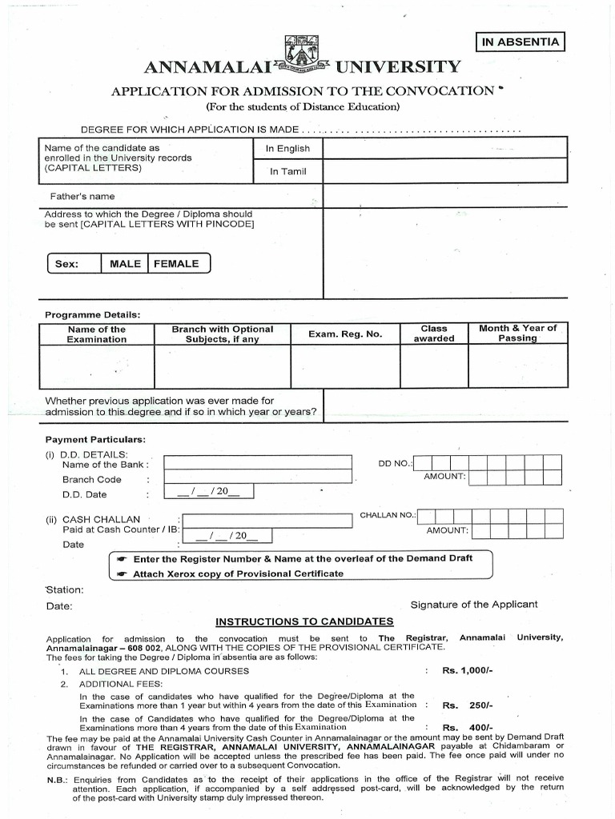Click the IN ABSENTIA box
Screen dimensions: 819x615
point(520,42)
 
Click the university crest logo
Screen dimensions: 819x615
point(303,55)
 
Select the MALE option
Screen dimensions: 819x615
point(125,264)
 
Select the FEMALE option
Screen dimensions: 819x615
point(176,264)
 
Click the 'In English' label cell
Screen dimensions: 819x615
point(287,149)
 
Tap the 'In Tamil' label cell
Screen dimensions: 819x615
point(287,171)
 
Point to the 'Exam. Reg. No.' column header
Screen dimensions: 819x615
point(345,334)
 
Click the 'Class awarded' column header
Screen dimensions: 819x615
point(434,334)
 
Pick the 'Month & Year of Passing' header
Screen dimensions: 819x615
point(517,334)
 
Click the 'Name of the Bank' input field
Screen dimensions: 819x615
point(258,462)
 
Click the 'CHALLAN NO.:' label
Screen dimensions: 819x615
point(388,515)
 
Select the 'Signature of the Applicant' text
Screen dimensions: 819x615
point(474,605)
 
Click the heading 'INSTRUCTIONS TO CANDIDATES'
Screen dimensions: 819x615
point(304,621)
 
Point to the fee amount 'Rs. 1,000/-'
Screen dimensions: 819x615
point(467,671)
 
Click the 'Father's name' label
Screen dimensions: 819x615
point(79,197)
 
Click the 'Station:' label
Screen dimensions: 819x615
point(65,589)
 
